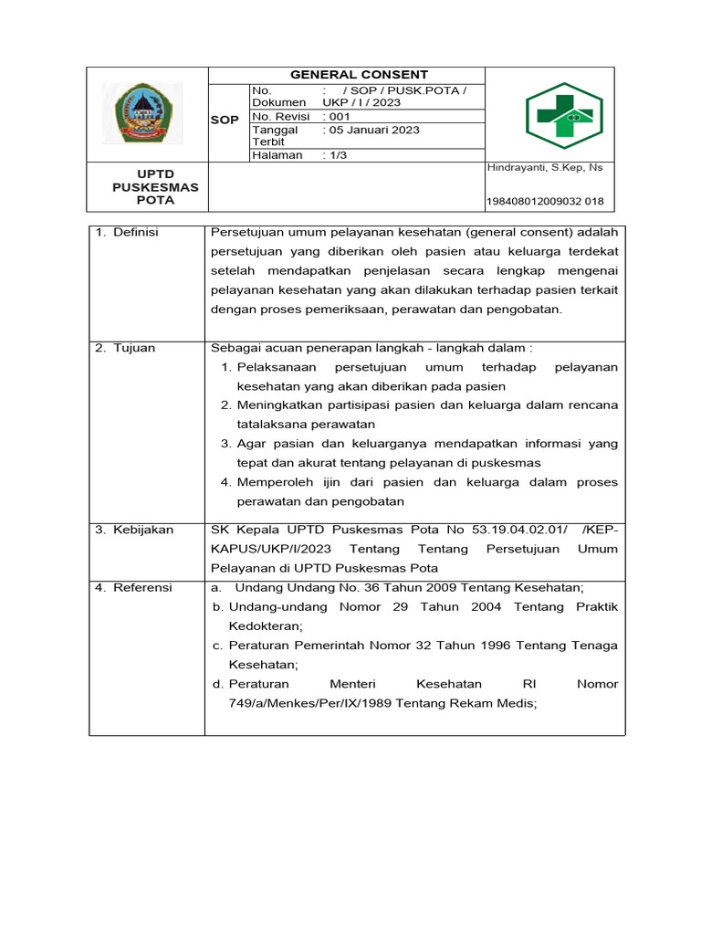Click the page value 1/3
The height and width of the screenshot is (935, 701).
[335, 155]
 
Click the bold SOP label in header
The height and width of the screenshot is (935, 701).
[225, 121]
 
